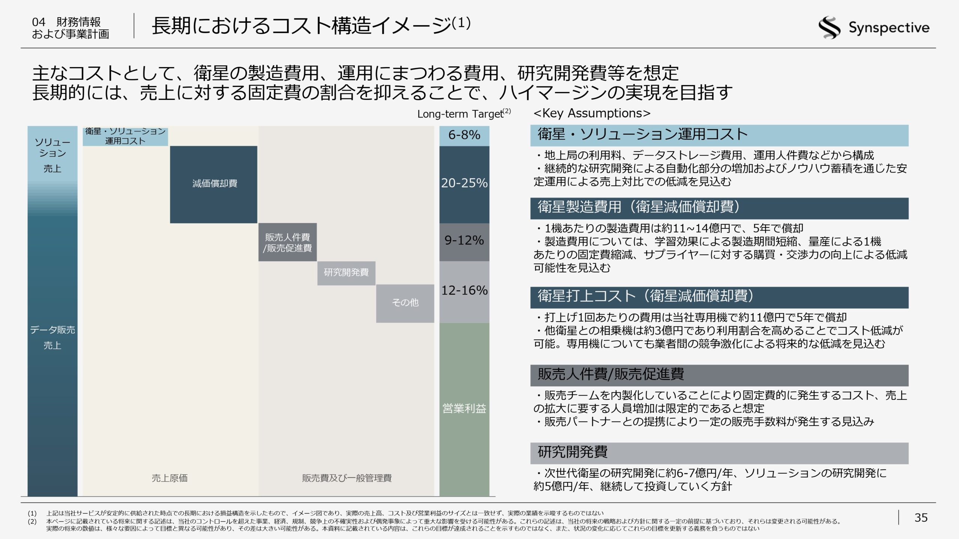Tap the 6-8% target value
tap(464, 135)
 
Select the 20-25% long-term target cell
tap(464, 183)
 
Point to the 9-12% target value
tap(464, 240)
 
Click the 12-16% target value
tap(464, 290)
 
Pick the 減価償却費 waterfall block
tap(214, 184)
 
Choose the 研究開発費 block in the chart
tap(346, 273)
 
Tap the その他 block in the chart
tap(405, 303)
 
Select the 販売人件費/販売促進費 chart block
tap(287, 243)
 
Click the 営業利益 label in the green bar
tap(464, 408)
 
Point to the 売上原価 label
tap(169, 478)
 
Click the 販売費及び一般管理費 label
tap(347, 478)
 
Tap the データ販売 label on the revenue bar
tap(52, 330)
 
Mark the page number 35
tap(921, 518)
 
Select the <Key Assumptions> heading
tap(592, 113)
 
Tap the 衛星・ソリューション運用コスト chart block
tap(125, 136)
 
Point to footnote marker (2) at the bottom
tap(32, 521)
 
